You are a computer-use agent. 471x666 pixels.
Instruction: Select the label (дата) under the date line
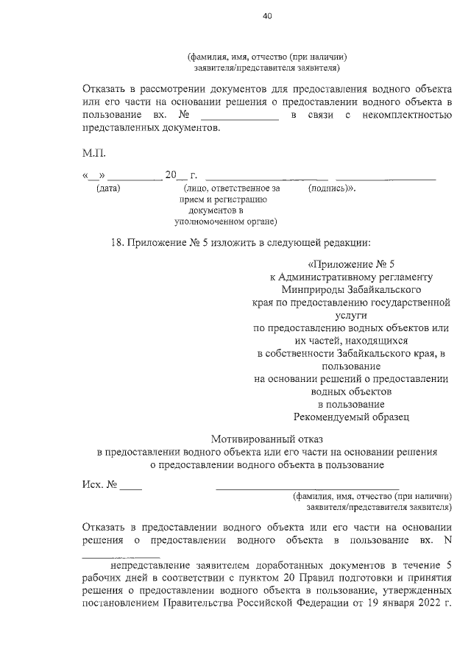(108, 188)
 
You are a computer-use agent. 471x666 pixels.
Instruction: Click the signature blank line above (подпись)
(385, 179)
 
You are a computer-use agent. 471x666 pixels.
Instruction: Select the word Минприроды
(290, 291)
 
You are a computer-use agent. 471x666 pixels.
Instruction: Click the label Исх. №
(99, 486)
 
